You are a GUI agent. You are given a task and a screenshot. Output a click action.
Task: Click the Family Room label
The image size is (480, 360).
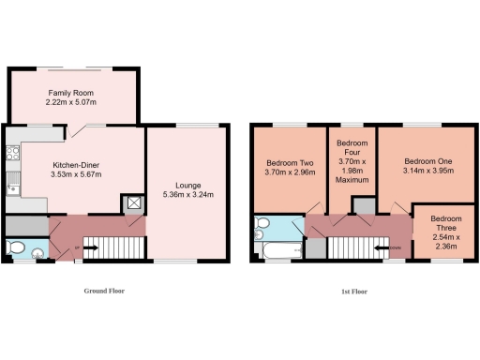coord(72,92)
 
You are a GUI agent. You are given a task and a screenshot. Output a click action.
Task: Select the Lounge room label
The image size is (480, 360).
coord(187,185)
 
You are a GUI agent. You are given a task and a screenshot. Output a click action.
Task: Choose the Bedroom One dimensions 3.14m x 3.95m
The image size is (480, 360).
coord(422,171)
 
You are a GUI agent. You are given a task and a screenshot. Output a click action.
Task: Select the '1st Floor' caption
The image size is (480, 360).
coord(353,292)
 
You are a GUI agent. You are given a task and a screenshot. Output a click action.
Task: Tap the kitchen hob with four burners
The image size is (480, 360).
coord(12,153)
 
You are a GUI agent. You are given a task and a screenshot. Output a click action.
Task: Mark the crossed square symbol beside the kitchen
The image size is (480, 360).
coord(133,202)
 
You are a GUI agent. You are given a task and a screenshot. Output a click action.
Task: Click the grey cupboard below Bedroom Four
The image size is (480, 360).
coord(318,247)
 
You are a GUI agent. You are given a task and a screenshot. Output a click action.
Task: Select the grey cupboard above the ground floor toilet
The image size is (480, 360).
coord(26,225)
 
